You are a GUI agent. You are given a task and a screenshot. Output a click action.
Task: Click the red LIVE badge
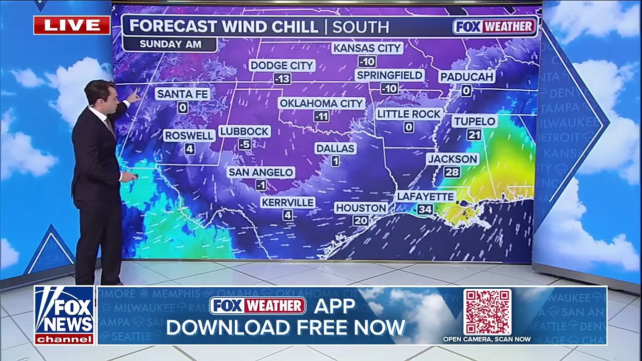coord(72,25)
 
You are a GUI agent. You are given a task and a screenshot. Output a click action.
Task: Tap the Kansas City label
coord(368,48)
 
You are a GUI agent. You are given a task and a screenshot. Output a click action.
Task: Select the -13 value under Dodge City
coord(282,79)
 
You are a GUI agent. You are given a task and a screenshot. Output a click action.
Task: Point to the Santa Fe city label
coord(182,94)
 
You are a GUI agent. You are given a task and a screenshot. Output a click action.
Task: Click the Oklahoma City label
coord(321,103)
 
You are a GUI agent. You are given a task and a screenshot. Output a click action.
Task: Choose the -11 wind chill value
coord(321,117)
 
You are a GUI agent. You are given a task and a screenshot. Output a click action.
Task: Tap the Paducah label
coord(466,77)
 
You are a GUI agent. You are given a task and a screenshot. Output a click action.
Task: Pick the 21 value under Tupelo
coord(474,134)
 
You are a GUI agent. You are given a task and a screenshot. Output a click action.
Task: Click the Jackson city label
coord(452,159)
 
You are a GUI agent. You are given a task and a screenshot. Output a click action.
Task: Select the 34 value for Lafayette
coord(425,209)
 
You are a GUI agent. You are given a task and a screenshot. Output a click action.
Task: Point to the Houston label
coord(361,208)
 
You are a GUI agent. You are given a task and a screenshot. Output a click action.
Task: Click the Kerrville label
coord(287,202)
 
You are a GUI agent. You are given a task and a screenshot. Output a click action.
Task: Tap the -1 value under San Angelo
coord(261,186)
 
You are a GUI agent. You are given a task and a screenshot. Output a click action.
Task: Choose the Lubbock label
coord(244,131)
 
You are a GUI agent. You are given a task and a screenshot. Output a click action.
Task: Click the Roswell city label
coord(189,135)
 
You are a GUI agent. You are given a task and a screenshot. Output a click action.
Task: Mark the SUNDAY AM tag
coord(170,44)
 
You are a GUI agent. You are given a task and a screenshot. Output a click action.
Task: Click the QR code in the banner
coord(487,311)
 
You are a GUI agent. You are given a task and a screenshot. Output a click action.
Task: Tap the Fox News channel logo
coord(64,315)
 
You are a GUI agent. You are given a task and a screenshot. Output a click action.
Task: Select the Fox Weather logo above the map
coord(495,27)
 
